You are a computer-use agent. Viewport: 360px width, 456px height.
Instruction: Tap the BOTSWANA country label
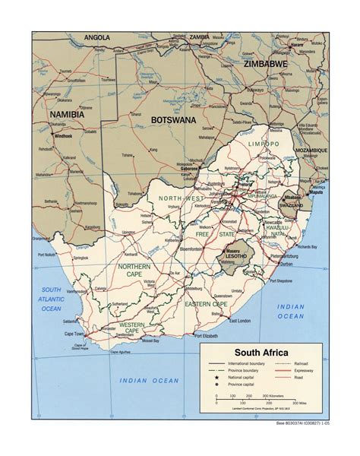[173, 119]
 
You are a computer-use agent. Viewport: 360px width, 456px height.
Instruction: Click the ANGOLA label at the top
[98, 36]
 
